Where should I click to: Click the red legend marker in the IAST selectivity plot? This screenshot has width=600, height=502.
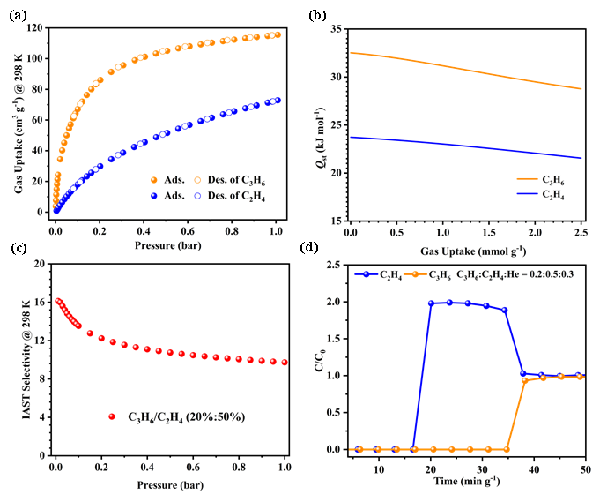pos(112,416)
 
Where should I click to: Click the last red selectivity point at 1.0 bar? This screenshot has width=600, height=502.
pos(285,363)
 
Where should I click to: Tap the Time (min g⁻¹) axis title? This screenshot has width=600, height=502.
pos(467,483)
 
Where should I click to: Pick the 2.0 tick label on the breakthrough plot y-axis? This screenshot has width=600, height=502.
pos(334,302)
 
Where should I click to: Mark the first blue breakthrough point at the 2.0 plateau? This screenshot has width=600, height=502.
pos(431,303)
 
